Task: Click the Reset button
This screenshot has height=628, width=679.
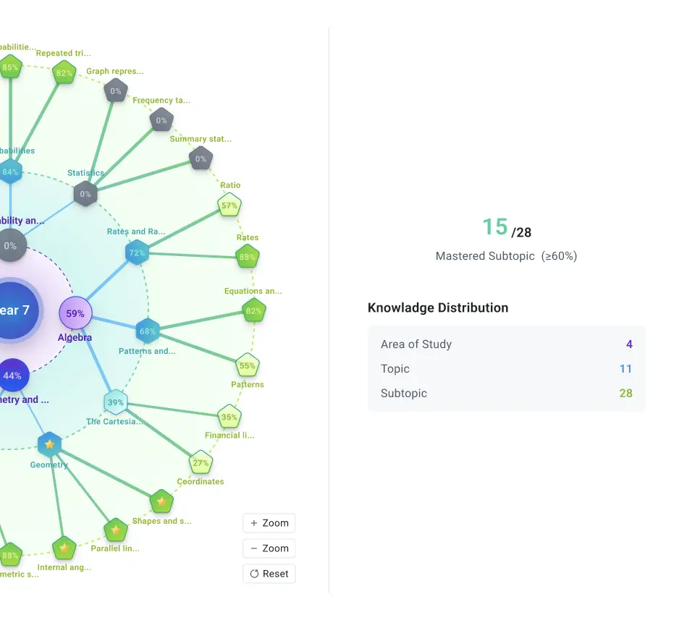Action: click(x=269, y=574)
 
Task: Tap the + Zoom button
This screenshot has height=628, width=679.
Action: click(x=269, y=523)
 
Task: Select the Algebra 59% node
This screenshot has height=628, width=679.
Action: click(x=75, y=314)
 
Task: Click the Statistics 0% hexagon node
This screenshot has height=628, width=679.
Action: click(x=85, y=194)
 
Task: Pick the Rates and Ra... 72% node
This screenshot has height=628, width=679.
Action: click(x=137, y=253)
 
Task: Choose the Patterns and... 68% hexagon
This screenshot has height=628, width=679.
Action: click(x=148, y=331)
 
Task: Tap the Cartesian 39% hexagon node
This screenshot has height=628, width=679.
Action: click(x=116, y=403)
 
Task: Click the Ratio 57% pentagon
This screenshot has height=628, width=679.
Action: click(x=229, y=206)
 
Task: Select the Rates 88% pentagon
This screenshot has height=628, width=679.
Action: click(x=248, y=257)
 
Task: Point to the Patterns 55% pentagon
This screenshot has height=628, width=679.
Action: click(x=248, y=366)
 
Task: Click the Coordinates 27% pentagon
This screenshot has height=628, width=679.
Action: click(x=201, y=463)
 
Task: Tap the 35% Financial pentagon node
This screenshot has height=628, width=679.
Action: click(x=229, y=417)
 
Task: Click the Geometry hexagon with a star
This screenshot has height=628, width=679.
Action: click(x=49, y=444)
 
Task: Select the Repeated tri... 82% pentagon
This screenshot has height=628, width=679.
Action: click(x=64, y=73)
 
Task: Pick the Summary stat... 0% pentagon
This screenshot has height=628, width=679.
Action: click(x=201, y=158)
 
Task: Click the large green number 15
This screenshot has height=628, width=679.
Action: click(x=495, y=227)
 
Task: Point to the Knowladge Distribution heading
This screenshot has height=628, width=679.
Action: click(x=438, y=307)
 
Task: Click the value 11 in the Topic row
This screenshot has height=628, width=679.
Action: click(x=625, y=369)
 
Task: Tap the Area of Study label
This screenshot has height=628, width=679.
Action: click(x=416, y=344)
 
